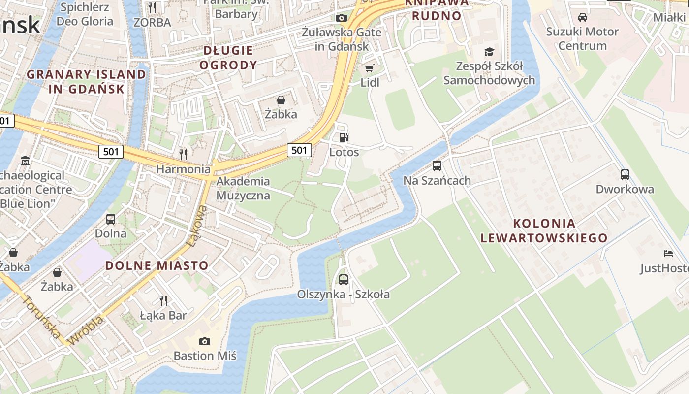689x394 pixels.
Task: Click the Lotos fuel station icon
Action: (x=344, y=137)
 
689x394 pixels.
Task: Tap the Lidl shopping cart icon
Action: (x=369, y=68)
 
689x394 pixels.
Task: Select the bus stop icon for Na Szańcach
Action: (x=437, y=166)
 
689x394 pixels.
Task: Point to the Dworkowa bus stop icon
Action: (x=625, y=174)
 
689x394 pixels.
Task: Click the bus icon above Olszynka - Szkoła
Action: (x=344, y=279)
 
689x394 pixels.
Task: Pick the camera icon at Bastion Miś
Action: (x=205, y=341)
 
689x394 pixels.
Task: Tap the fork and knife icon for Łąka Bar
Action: (x=163, y=300)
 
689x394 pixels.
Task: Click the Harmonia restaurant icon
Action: (x=183, y=154)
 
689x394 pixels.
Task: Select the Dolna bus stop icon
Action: (x=111, y=219)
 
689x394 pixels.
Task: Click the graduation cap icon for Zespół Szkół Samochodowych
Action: (x=489, y=52)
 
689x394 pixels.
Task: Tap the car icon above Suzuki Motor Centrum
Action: (x=583, y=17)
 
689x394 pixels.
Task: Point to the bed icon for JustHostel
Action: (x=668, y=254)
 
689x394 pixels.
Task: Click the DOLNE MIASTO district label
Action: (x=157, y=265)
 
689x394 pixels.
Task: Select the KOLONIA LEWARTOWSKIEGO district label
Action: (x=544, y=230)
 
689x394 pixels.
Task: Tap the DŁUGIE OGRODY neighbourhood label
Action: (x=228, y=58)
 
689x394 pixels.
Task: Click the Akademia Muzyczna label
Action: (x=243, y=188)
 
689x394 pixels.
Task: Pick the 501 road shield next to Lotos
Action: (x=299, y=150)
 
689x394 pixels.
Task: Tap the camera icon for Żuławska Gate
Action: (x=342, y=18)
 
